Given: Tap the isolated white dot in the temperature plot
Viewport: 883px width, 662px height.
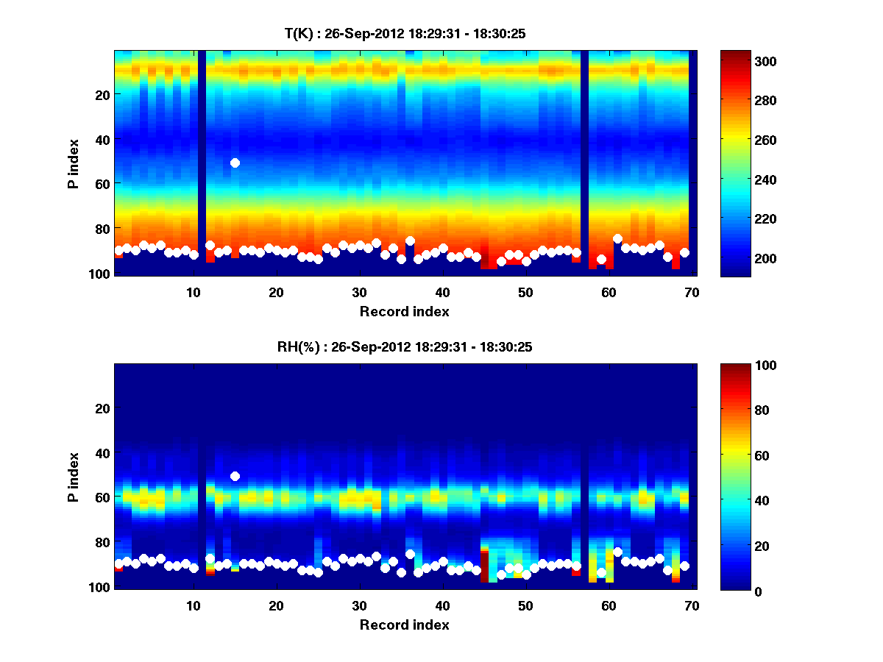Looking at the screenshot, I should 235,163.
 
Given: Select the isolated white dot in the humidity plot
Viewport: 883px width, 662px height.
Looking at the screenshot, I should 235,476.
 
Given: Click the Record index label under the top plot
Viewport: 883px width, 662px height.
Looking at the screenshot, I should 404,311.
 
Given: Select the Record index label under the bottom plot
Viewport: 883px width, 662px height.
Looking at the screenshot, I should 404,624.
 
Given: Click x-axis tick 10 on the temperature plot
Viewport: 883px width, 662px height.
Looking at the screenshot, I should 193,292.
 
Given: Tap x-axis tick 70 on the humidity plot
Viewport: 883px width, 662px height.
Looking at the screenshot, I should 692,605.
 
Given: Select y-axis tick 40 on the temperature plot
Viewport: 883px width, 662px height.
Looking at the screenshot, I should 102,139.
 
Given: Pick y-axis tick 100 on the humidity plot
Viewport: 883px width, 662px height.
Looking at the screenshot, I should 99,587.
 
